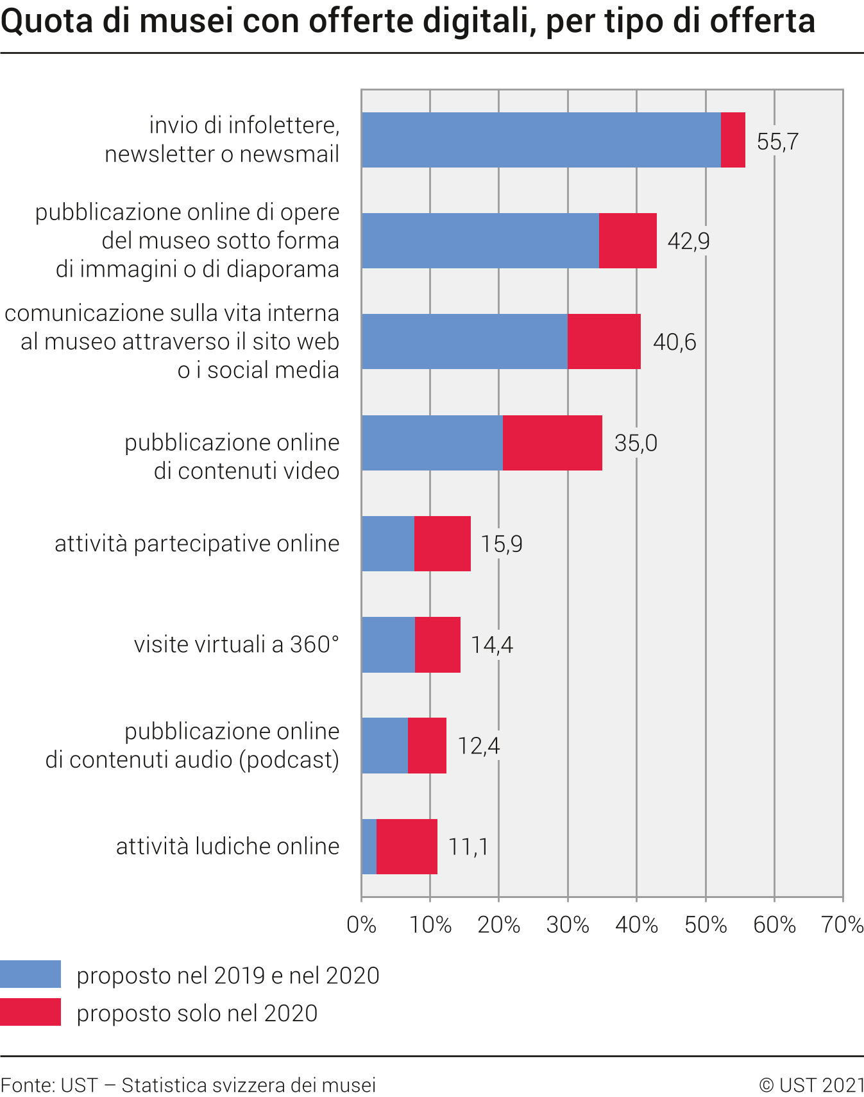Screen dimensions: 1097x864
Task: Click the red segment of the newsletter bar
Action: (x=733, y=140)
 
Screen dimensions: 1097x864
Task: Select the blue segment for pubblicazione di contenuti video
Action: (x=432, y=443)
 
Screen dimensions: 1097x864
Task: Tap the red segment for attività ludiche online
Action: (x=407, y=846)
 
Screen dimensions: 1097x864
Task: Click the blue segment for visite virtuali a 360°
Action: (x=388, y=644)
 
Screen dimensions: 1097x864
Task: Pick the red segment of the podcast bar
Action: (x=427, y=745)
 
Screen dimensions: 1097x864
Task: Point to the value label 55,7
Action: (x=777, y=141)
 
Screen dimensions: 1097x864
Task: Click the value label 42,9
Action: (x=688, y=241)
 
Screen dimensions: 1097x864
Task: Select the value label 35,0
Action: (x=636, y=443)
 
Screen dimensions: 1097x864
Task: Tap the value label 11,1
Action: (x=468, y=847)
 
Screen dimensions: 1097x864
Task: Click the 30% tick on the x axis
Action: (x=568, y=925)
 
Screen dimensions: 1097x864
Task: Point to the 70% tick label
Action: (x=842, y=925)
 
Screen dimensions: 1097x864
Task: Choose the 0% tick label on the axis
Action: (x=361, y=925)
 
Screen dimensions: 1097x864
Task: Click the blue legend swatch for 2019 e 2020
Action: (x=30, y=974)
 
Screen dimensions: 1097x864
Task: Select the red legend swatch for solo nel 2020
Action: (x=30, y=1012)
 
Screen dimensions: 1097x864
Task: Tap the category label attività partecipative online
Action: (x=197, y=544)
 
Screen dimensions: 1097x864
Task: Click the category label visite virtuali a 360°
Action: (x=236, y=644)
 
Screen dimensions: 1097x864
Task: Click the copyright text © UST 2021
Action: (x=811, y=1085)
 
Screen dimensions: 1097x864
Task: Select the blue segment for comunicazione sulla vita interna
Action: (x=464, y=341)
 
